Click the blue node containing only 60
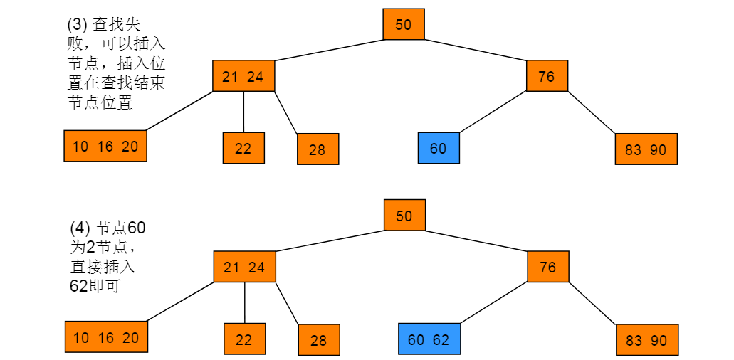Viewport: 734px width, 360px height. point(439,148)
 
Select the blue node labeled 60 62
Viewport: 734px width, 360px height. point(429,339)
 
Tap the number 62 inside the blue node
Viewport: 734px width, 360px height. point(441,339)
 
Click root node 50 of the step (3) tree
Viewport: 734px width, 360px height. point(404,24)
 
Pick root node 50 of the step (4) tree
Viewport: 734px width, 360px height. point(404,215)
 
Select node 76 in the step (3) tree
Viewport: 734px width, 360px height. point(547,75)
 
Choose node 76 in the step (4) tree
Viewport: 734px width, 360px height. point(548,267)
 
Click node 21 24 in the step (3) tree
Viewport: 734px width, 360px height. point(243,75)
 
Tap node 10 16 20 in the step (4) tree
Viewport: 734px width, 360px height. point(106,337)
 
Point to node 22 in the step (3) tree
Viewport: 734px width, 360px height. point(243,148)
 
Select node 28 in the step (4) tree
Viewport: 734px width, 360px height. point(319,340)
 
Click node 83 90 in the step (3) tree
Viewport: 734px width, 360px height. point(646,149)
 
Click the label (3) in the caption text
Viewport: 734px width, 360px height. point(78,24)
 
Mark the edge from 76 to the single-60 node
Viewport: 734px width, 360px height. point(493,112)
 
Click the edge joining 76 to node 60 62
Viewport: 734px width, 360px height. point(494,303)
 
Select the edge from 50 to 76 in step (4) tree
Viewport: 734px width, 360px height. point(476,241)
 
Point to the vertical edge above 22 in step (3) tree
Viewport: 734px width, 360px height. point(244,112)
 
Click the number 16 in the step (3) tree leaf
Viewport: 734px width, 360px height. point(105,147)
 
